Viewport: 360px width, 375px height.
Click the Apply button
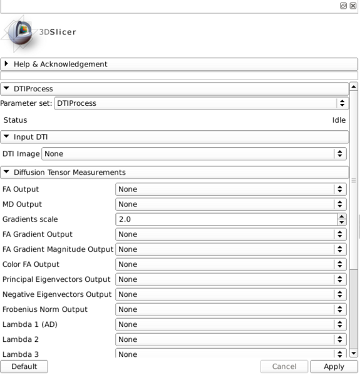click(x=334, y=367)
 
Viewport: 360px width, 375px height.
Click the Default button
click(x=24, y=367)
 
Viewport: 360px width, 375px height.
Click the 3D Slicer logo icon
click(x=21, y=31)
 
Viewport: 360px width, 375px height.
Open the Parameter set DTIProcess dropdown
click(x=201, y=103)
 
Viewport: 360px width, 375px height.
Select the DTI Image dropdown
click(x=193, y=153)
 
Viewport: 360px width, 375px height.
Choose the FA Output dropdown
click(x=230, y=189)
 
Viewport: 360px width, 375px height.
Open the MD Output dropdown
click(x=230, y=204)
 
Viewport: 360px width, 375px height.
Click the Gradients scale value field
click(x=226, y=219)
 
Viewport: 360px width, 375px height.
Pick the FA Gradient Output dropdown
click(x=230, y=234)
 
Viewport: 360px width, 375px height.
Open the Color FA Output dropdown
click(x=230, y=264)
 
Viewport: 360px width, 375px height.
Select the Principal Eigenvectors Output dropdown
click(x=230, y=279)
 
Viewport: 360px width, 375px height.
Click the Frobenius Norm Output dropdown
click(x=230, y=309)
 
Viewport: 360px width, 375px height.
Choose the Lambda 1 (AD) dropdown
click(x=230, y=324)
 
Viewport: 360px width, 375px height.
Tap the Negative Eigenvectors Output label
click(x=57, y=294)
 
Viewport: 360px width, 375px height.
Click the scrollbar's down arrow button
click(x=354, y=353)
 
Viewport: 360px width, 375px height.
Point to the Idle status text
click(x=339, y=120)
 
